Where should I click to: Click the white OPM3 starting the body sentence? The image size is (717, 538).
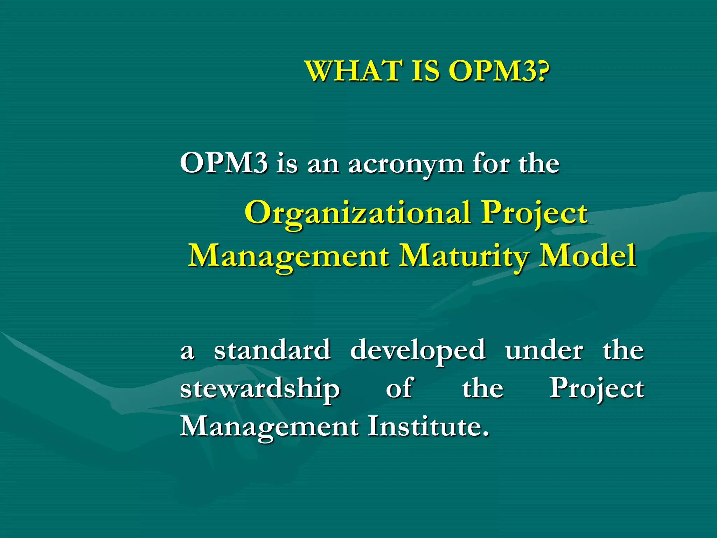click(224, 163)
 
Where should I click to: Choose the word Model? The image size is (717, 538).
click(587, 256)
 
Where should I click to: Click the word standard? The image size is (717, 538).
click(272, 350)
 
